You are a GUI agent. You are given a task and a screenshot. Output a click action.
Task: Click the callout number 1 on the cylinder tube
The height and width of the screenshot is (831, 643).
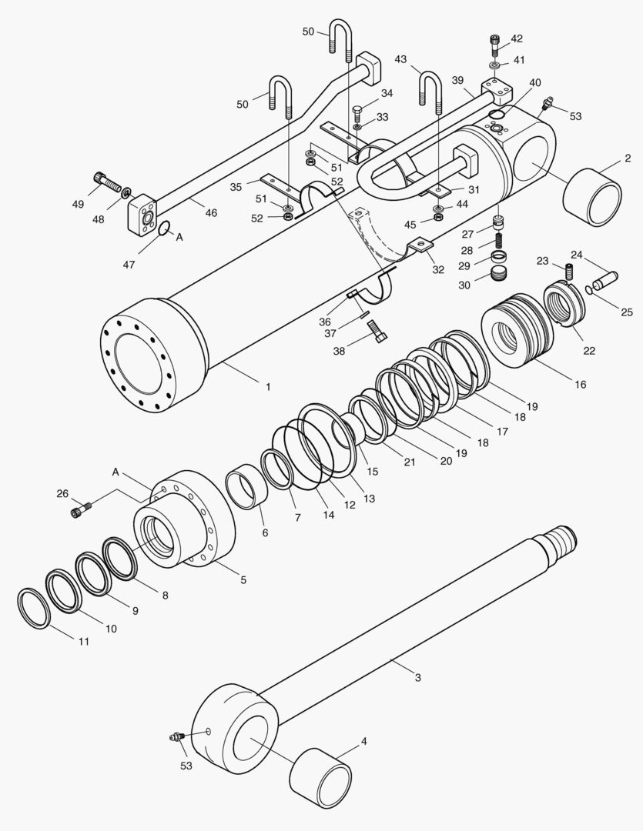coord(267,387)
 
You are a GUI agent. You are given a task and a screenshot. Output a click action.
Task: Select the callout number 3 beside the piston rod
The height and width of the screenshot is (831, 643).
coord(417,678)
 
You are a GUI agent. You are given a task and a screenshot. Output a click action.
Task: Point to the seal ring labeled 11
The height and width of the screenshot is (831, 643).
coord(35,608)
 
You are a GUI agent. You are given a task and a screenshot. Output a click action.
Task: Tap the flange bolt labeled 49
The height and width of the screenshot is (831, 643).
coord(106,182)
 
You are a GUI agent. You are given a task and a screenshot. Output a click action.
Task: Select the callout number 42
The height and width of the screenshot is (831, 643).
coord(516,38)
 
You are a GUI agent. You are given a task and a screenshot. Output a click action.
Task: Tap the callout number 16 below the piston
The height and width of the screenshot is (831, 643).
coord(579,384)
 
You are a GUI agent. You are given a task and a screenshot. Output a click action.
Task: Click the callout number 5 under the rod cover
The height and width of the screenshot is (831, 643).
coord(243,579)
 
